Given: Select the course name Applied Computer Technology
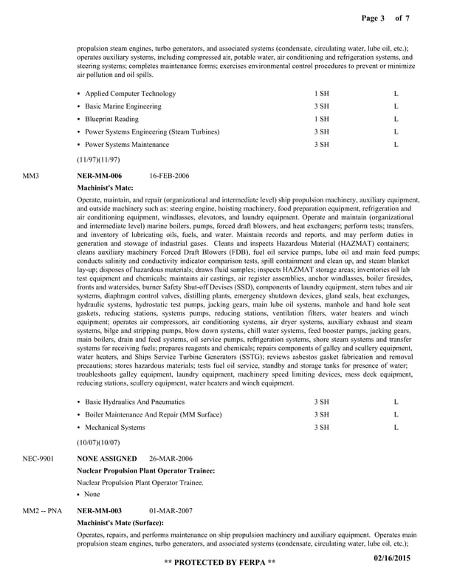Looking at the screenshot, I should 130,94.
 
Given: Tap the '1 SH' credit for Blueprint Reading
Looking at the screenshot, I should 321,119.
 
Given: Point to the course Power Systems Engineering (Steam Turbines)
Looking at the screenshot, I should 151,131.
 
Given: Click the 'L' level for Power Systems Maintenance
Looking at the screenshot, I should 396,144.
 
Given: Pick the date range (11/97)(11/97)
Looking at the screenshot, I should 98,159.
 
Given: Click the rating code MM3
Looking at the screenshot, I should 31,176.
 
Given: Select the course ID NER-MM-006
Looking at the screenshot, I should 100,176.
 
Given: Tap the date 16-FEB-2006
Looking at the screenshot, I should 169,176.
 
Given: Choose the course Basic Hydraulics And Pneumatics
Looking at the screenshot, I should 136,402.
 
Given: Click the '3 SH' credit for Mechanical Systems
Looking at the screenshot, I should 321,427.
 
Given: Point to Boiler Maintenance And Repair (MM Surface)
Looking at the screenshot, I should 153,414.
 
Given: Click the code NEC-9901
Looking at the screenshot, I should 38,459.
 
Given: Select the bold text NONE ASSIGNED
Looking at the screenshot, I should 107,459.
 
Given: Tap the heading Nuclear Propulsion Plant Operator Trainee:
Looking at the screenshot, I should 146,470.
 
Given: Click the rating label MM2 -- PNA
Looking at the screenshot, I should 42,510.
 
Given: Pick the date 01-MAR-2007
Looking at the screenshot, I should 172,510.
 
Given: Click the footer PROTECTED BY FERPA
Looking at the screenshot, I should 219,563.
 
